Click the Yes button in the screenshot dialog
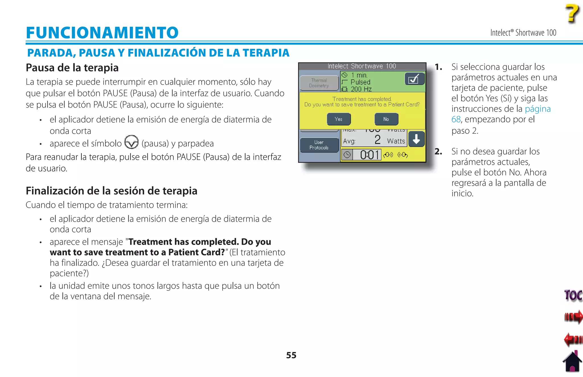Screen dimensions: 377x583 pyautogui.click(x=338, y=119)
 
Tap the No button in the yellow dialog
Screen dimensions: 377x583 pyautogui.click(x=386, y=119)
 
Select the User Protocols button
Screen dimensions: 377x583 pyautogui.click(x=319, y=145)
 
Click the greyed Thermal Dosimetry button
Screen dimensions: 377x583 pyautogui.click(x=319, y=83)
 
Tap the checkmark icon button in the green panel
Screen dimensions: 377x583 pyautogui.click(x=414, y=79)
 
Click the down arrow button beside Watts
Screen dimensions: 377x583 pyautogui.click(x=416, y=139)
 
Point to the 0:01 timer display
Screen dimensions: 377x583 pyautogui.click(x=369, y=155)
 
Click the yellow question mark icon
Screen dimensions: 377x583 pyautogui.click(x=572, y=13)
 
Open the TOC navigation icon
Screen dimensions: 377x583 pyautogui.click(x=573, y=295)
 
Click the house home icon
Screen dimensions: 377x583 pyautogui.click(x=572, y=362)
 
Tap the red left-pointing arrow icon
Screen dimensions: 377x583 pyautogui.click(x=573, y=339)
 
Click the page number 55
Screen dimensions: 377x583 pyautogui.click(x=291, y=355)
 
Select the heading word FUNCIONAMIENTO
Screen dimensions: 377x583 pyautogui.click(x=102, y=32)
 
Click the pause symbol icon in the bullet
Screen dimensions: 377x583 pyautogui.click(x=132, y=142)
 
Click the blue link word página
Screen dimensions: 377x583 pyautogui.click(x=537, y=109)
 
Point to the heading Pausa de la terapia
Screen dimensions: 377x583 pyautogui.click(x=72, y=68)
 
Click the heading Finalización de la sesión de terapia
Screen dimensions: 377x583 pyautogui.click(x=111, y=191)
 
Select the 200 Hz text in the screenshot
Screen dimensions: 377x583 pyautogui.click(x=361, y=89)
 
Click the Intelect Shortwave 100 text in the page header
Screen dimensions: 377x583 pyautogui.click(x=523, y=33)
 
